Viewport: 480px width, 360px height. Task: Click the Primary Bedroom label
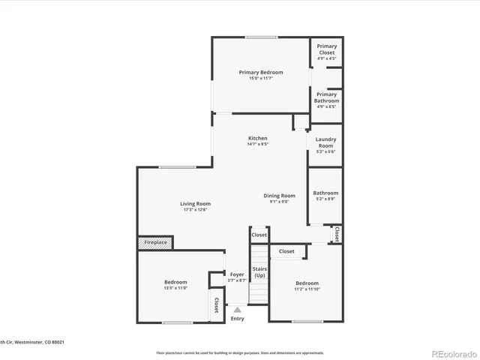tap(260, 73)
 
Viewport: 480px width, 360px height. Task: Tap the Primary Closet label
tap(326, 46)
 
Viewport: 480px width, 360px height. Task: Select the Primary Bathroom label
tap(326, 94)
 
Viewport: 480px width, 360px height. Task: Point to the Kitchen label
tap(258, 139)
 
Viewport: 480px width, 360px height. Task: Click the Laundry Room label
tap(325, 142)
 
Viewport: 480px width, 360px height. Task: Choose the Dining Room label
tap(278, 196)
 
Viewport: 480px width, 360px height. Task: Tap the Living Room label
tap(195, 204)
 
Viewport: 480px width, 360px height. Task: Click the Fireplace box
tap(155, 243)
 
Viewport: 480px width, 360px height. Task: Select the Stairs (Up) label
tap(259, 272)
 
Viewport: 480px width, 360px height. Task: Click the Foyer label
tap(237, 274)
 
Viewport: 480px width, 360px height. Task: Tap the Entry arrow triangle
tap(238, 308)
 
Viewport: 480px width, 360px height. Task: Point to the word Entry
tap(238, 319)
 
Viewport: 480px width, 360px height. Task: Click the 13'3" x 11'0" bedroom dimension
tap(175, 288)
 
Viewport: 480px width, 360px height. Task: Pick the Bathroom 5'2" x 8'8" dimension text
tap(325, 199)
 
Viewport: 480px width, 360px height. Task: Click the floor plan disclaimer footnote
tap(239, 352)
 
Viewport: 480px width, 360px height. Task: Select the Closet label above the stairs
tap(259, 235)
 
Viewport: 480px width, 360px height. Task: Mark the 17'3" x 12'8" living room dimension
tap(195, 210)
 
